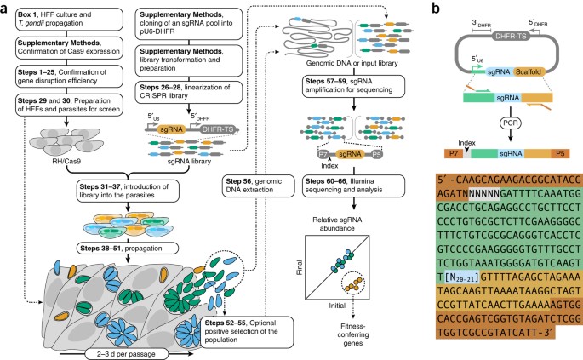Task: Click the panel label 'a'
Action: pyautogui.click(x=6, y=8)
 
